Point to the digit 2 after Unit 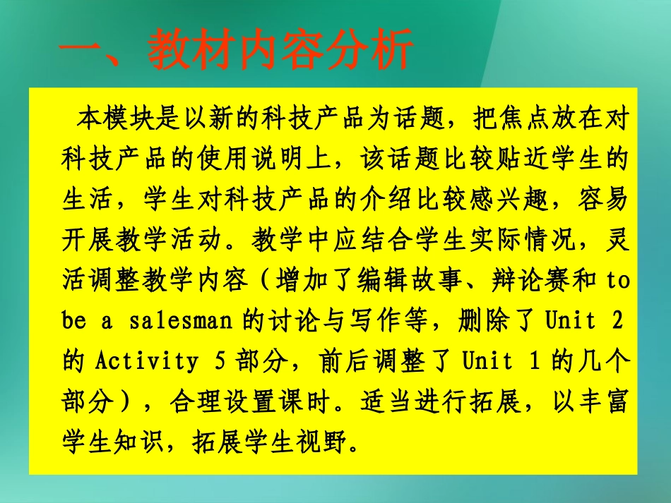[618, 321]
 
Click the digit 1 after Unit [522, 362]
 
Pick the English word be [73, 321]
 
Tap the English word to [617, 281]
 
